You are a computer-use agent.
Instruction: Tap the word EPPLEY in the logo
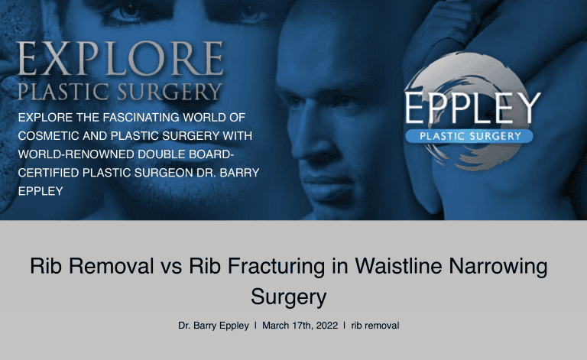coord(472,110)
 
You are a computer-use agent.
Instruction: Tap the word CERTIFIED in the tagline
coord(50,173)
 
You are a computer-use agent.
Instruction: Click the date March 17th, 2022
coord(300,326)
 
